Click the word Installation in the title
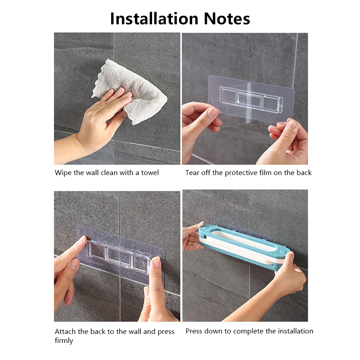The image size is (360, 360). (154, 18)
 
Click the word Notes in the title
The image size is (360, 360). (227, 19)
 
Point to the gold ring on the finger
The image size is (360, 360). (99, 106)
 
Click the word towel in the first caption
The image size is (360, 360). (150, 173)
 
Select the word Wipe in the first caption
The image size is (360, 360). (63, 173)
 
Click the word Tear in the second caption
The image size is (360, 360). (192, 173)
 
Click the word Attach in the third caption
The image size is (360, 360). (65, 332)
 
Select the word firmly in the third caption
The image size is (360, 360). (64, 341)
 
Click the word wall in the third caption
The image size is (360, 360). (135, 332)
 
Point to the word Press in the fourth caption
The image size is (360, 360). (194, 331)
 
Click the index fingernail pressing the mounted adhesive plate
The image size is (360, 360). (156, 261)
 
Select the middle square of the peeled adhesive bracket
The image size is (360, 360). (249, 99)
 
